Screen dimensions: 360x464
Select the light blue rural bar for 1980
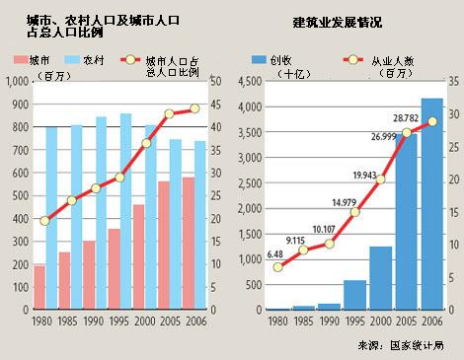click(x=51, y=217)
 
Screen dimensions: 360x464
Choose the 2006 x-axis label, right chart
click(x=432, y=321)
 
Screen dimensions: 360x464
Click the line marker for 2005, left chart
click(x=169, y=113)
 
